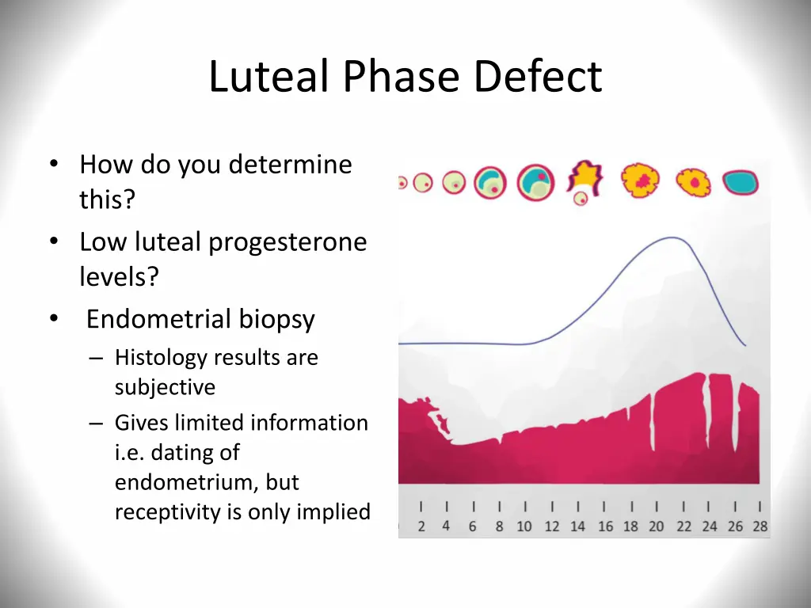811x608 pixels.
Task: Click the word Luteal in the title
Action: click(x=269, y=76)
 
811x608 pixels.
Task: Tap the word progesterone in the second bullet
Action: click(x=287, y=243)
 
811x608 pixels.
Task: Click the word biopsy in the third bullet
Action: click(x=276, y=320)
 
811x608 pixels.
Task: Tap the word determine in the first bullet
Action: click(x=290, y=165)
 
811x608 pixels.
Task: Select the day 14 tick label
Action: click(x=577, y=526)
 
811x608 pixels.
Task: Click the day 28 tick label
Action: click(x=760, y=526)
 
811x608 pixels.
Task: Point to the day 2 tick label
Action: click(x=421, y=526)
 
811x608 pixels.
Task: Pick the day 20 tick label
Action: click(x=657, y=526)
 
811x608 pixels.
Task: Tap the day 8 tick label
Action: click(x=499, y=526)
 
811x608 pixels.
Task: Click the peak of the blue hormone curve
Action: click(x=672, y=237)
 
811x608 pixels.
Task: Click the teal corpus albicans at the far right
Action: click(x=741, y=182)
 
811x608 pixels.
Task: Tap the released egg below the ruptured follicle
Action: click(x=581, y=198)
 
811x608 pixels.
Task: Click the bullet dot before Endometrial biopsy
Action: click(x=54, y=318)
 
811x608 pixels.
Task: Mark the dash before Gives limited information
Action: click(x=96, y=424)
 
